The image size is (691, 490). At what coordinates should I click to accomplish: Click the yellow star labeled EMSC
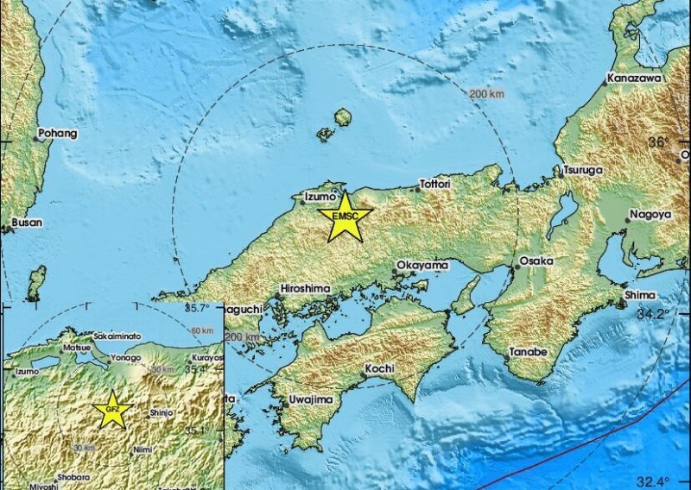tap(345, 217)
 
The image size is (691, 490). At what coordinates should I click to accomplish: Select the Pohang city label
tap(59, 134)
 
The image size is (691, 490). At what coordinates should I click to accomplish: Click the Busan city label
tap(27, 222)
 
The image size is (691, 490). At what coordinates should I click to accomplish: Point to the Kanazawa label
tap(634, 78)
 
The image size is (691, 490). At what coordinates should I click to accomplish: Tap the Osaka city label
tap(536, 261)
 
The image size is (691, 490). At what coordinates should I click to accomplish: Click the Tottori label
tap(436, 184)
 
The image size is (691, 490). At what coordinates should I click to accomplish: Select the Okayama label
tap(422, 265)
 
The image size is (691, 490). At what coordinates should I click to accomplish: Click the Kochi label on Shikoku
tap(380, 368)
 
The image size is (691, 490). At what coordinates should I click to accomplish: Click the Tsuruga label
tap(583, 170)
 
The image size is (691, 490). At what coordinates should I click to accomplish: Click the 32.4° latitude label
tap(653, 481)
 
